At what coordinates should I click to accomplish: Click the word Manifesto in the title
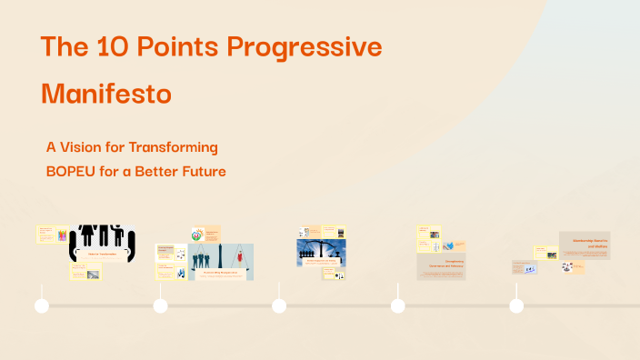pos(106,93)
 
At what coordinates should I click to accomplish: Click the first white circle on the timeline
pos(42,306)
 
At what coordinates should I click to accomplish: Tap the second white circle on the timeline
pos(161,306)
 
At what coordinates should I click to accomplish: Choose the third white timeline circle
pos(279,306)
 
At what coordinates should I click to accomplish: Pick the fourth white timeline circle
pos(397,306)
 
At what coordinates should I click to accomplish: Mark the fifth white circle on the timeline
pos(516,306)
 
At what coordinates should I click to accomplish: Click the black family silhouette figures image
pos(102,237)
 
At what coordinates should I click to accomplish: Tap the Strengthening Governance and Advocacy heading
pos(440,265)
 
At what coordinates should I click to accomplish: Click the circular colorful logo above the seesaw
pos(198,235)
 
